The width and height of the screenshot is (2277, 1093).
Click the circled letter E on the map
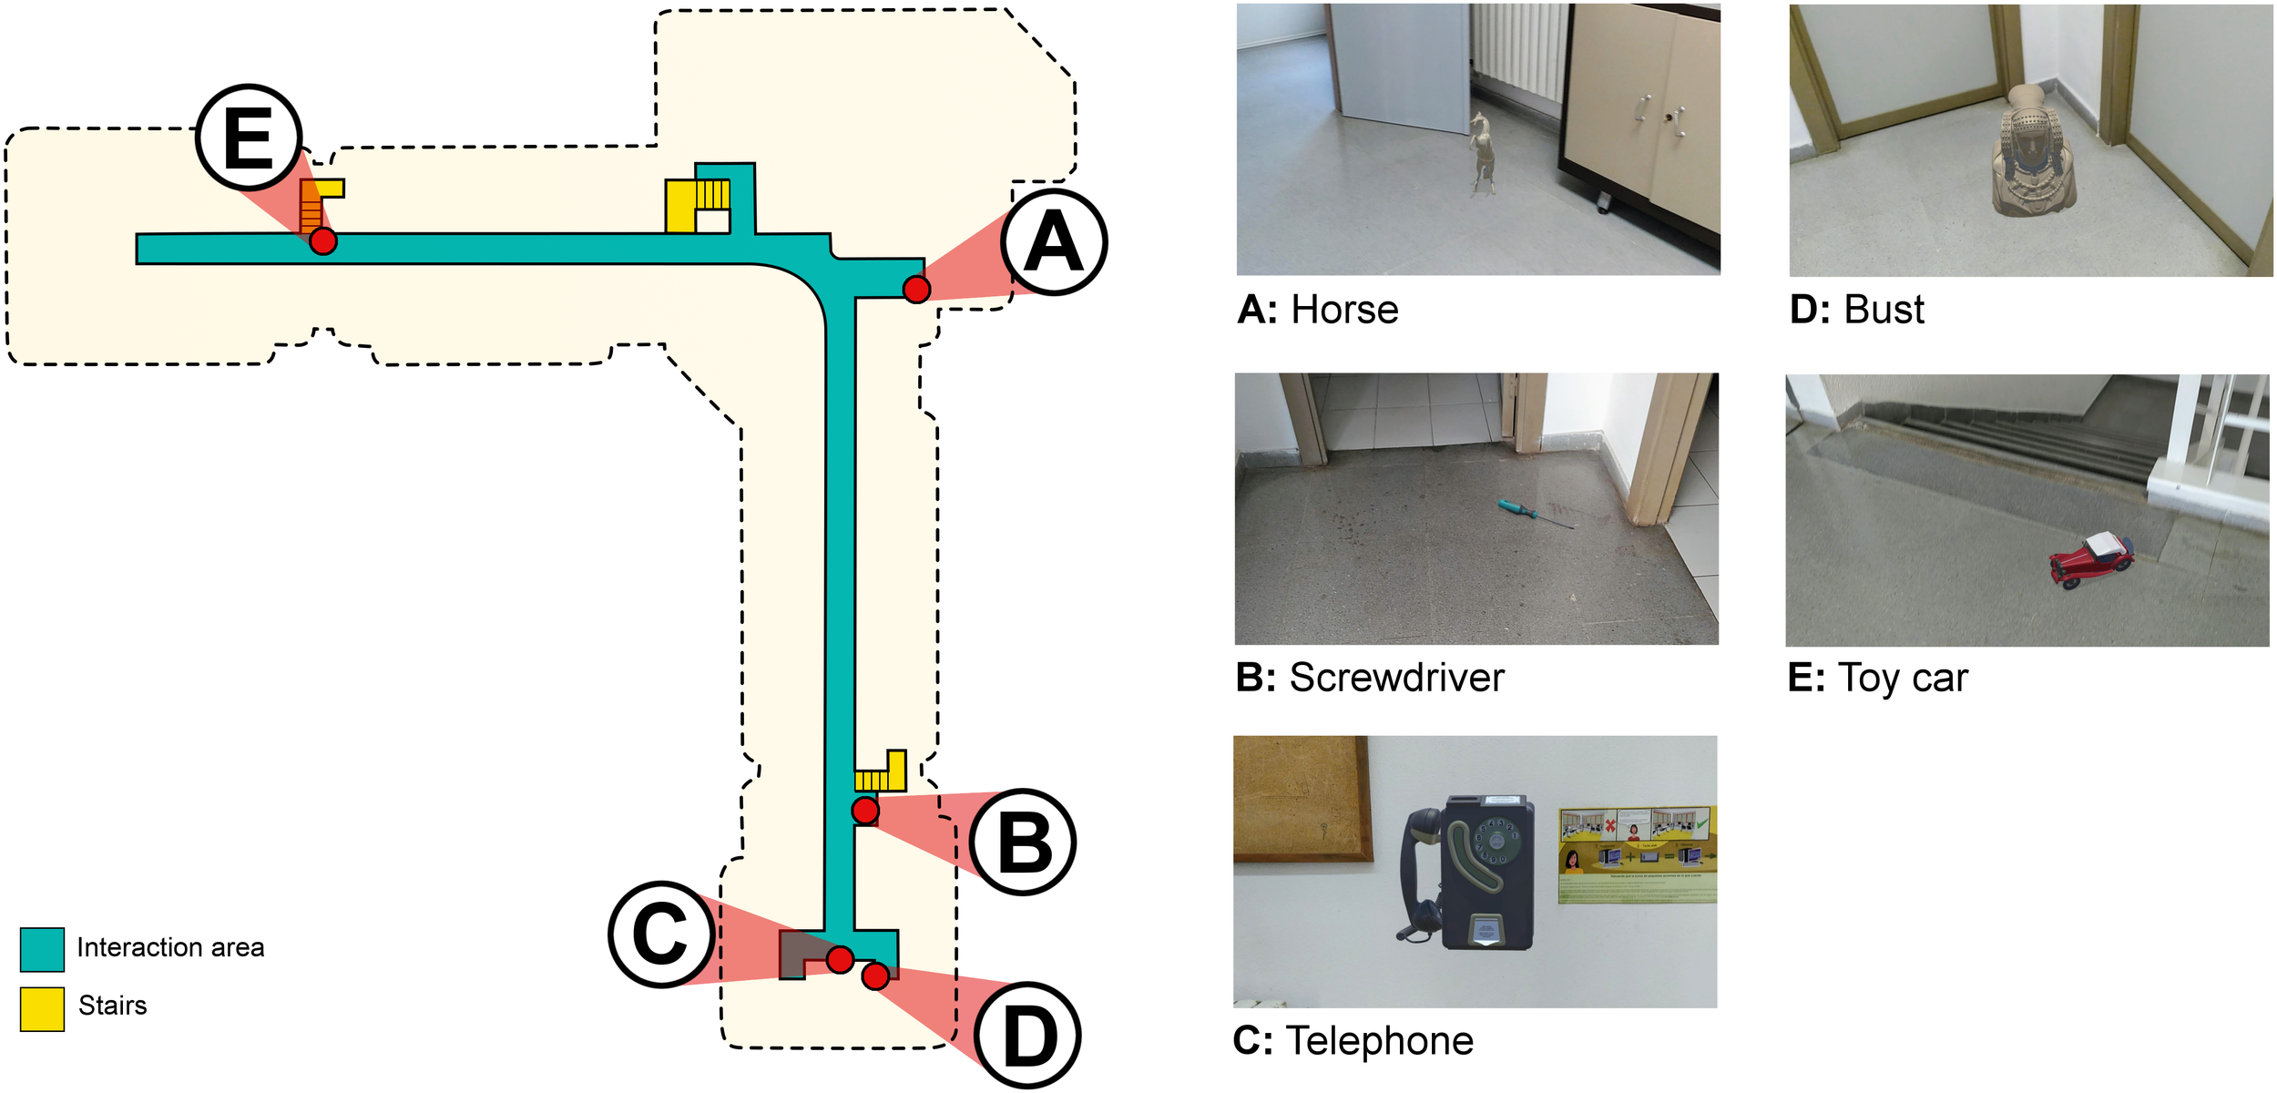(248, 138)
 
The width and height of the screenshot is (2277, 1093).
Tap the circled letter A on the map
(1054, 242)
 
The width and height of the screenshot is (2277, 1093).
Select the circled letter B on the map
(1024, 843)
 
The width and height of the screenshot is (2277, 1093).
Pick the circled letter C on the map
(661, 935)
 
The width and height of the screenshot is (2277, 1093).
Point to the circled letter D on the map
(1028, 1036)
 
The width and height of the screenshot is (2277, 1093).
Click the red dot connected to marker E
(322, 241)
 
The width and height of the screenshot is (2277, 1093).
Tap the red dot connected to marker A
(916, 290)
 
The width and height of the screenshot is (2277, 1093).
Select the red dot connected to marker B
(865, 810)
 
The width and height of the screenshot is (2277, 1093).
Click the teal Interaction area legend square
(42, 950)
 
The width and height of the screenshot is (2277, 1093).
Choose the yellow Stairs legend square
(42, 1009)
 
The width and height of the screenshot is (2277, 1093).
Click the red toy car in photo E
(2091, 560)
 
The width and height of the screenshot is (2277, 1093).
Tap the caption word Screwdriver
(1396, 679)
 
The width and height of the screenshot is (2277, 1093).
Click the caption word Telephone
(1379, 1041)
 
